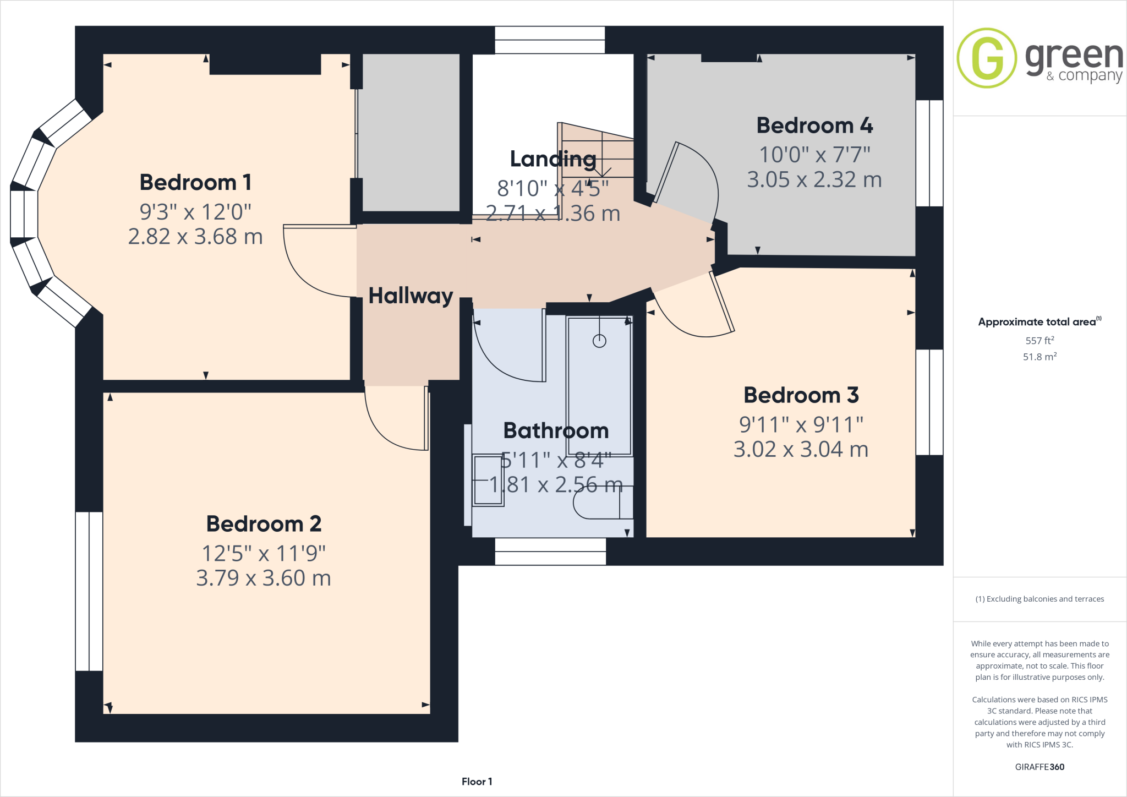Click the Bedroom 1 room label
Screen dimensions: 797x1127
195,182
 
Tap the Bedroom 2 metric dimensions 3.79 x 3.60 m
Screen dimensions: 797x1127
264,578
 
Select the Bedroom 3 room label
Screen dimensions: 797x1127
801,395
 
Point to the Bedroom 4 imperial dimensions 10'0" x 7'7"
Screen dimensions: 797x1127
814,155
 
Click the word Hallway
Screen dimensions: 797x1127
411,296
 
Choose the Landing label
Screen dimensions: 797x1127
553,159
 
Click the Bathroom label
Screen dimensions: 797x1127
556,430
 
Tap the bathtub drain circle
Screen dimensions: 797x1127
599,341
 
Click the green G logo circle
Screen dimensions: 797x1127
987,58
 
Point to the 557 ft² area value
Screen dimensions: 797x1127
1040,341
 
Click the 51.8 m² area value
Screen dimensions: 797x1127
1040,357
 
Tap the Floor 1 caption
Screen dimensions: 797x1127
477,782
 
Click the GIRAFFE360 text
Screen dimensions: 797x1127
1040,767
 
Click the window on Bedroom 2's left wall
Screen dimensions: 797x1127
89,591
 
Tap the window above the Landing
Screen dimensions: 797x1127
550,40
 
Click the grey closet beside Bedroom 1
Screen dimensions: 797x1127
411,132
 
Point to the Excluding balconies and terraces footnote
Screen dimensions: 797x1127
1040,599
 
